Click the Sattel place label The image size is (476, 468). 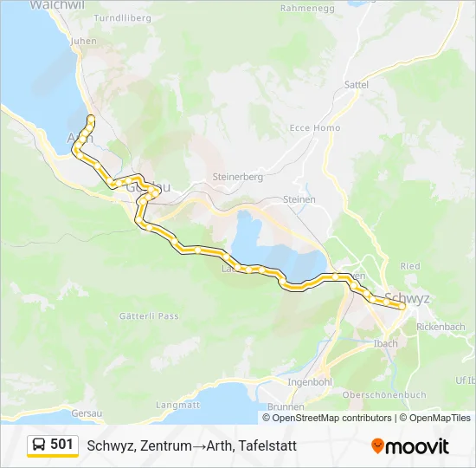tap(357, 85)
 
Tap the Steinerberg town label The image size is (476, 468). tap(237, 177)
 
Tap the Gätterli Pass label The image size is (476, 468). tap(151, 316)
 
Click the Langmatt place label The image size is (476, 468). tap(177, 405)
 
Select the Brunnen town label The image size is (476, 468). tap(286, 406)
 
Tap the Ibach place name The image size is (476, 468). tap(386, 343)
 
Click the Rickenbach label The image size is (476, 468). tap(440, 327)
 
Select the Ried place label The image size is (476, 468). tap(410, 266)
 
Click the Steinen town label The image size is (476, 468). tap(299, 199)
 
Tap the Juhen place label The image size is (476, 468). tap(85, 40)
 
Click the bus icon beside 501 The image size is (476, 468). tap(39, 445)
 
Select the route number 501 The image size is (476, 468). tap(61, 445)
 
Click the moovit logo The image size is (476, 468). tap(410, 446)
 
